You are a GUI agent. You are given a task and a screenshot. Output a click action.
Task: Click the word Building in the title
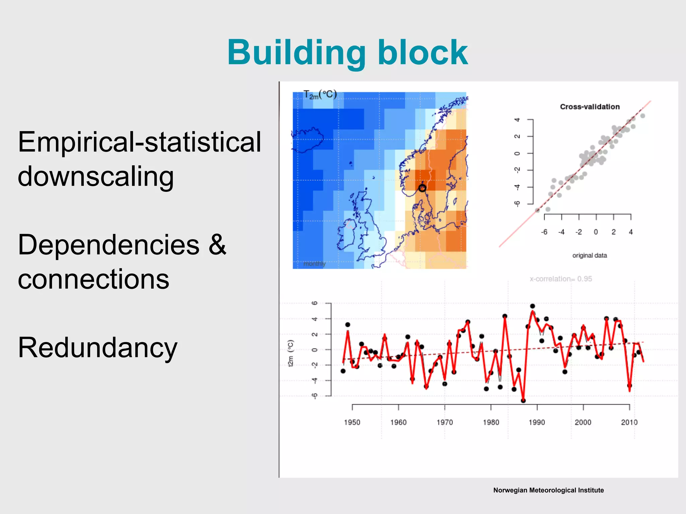pos(296,53)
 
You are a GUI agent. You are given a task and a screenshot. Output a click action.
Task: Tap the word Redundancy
pos(97,348)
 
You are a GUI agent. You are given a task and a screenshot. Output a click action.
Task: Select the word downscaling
pos(96,176)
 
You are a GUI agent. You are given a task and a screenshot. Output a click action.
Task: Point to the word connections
pos(93,279)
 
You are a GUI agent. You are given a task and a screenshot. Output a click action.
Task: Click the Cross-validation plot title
pos(590,107)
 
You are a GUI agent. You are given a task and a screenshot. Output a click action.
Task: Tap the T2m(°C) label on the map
pos(320,95)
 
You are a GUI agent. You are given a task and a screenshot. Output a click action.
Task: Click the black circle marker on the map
pos(422,188)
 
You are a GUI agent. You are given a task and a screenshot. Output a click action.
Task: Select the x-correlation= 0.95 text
pos(561,279)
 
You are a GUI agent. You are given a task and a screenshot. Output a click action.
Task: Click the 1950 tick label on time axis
pos(352,422)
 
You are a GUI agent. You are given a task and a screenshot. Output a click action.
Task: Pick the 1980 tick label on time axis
pos(491,422)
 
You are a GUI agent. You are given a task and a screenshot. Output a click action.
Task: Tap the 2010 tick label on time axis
pos(629,422)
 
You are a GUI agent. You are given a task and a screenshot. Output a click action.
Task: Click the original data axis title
pos(590,256)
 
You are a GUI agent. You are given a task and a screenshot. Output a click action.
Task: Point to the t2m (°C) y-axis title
pos(291,353)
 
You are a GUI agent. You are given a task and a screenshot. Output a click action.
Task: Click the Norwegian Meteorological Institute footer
pos(548,490)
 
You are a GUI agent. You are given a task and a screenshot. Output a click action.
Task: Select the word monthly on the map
pos(314,264)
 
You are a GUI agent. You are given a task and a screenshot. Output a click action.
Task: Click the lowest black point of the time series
pos(523,401)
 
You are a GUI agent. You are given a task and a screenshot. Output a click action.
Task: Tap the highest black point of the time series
pos(533,306)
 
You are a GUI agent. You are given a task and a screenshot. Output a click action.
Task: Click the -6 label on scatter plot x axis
pos(544,232)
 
